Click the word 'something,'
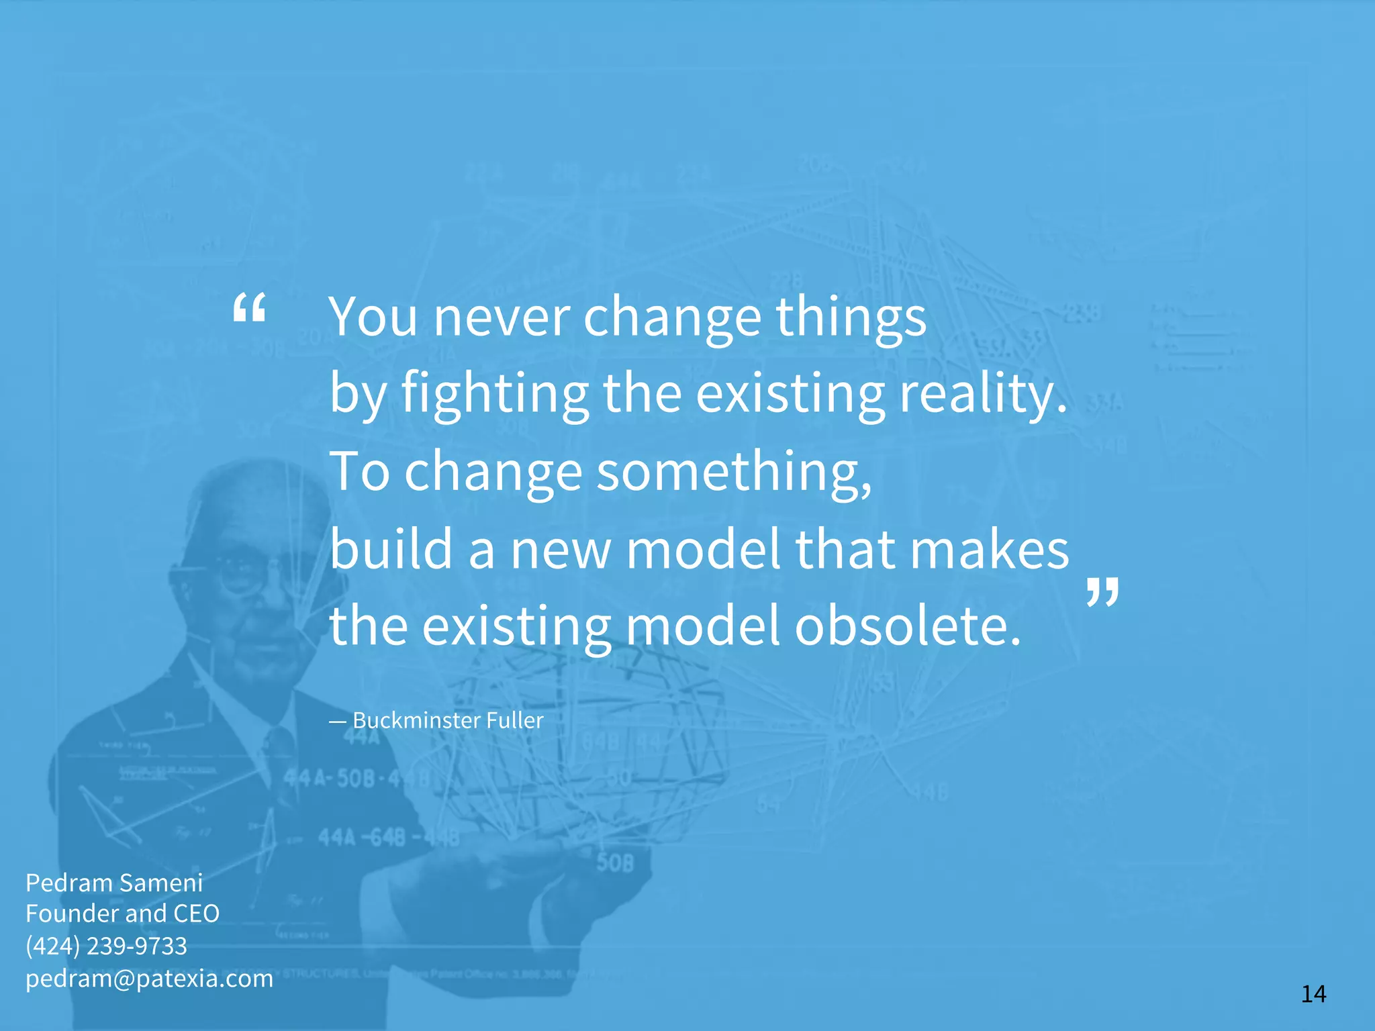pyautogui.click(x=734, y=472)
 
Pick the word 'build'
pyautogui.click(x=391, y=548)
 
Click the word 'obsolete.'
pyautogui.click(x=908, y=626)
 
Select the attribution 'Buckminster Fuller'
pyautogui.click(x=448, y=720)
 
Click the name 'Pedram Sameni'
pyautogui.click(x=114, y=883)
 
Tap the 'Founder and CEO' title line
pyautogui.click(x=123, y=914)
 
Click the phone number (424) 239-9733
pyautogui.click(x=106, y=946)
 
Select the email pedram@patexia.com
pyautogui.click(x=149, y=978)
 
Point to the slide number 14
pyautogui.click(x=1313, y=993)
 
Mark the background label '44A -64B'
pyautogui.click(x=363, y=837)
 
